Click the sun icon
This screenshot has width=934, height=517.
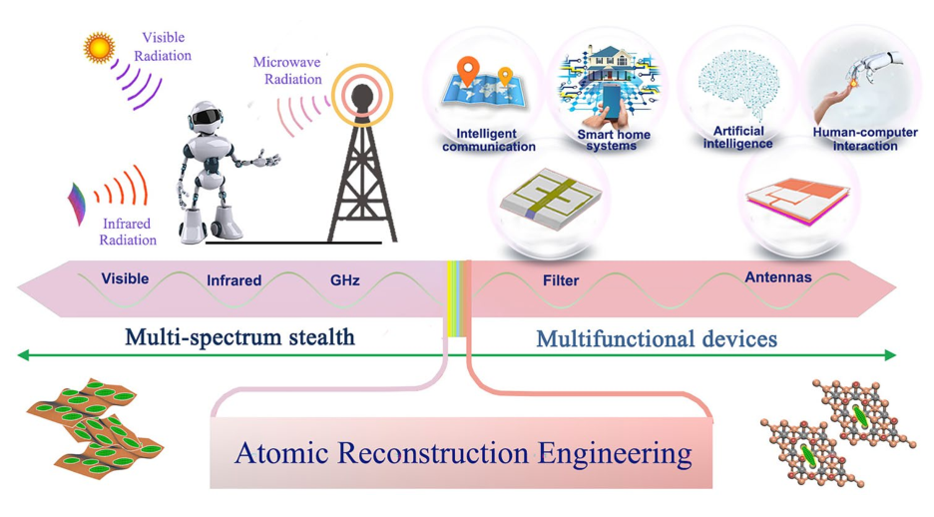pyautogui.click(x=99, y=48)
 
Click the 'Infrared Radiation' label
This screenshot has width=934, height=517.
pyautogui.click(x=128, y=232)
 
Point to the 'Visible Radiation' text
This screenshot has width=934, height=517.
pyautogui.click(x=163, y=47)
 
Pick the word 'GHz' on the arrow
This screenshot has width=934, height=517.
pyautogui.click(x=345, y=279)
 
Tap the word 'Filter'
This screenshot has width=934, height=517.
pyautogui.click(x=561, y=280)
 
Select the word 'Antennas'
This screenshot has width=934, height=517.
pyautogui.click(x=778, y=277)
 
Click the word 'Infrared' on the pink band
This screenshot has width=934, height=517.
pyautogui.click(x=233, y=279)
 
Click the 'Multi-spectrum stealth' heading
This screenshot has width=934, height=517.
pyautogui.click(x=239, y=337)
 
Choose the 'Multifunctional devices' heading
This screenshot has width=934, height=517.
pyautogui.click(x=657, y=339)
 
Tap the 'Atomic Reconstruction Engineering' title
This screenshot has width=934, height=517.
pyautogui.click(x=463, y=453)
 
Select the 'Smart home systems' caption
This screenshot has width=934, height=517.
pyautogui.click(x=613, y=140)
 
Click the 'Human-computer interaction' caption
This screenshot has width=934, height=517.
pyautogui.click(x=865, y=139)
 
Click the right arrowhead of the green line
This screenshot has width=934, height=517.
pyautogui.click(x=891, y=355)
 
